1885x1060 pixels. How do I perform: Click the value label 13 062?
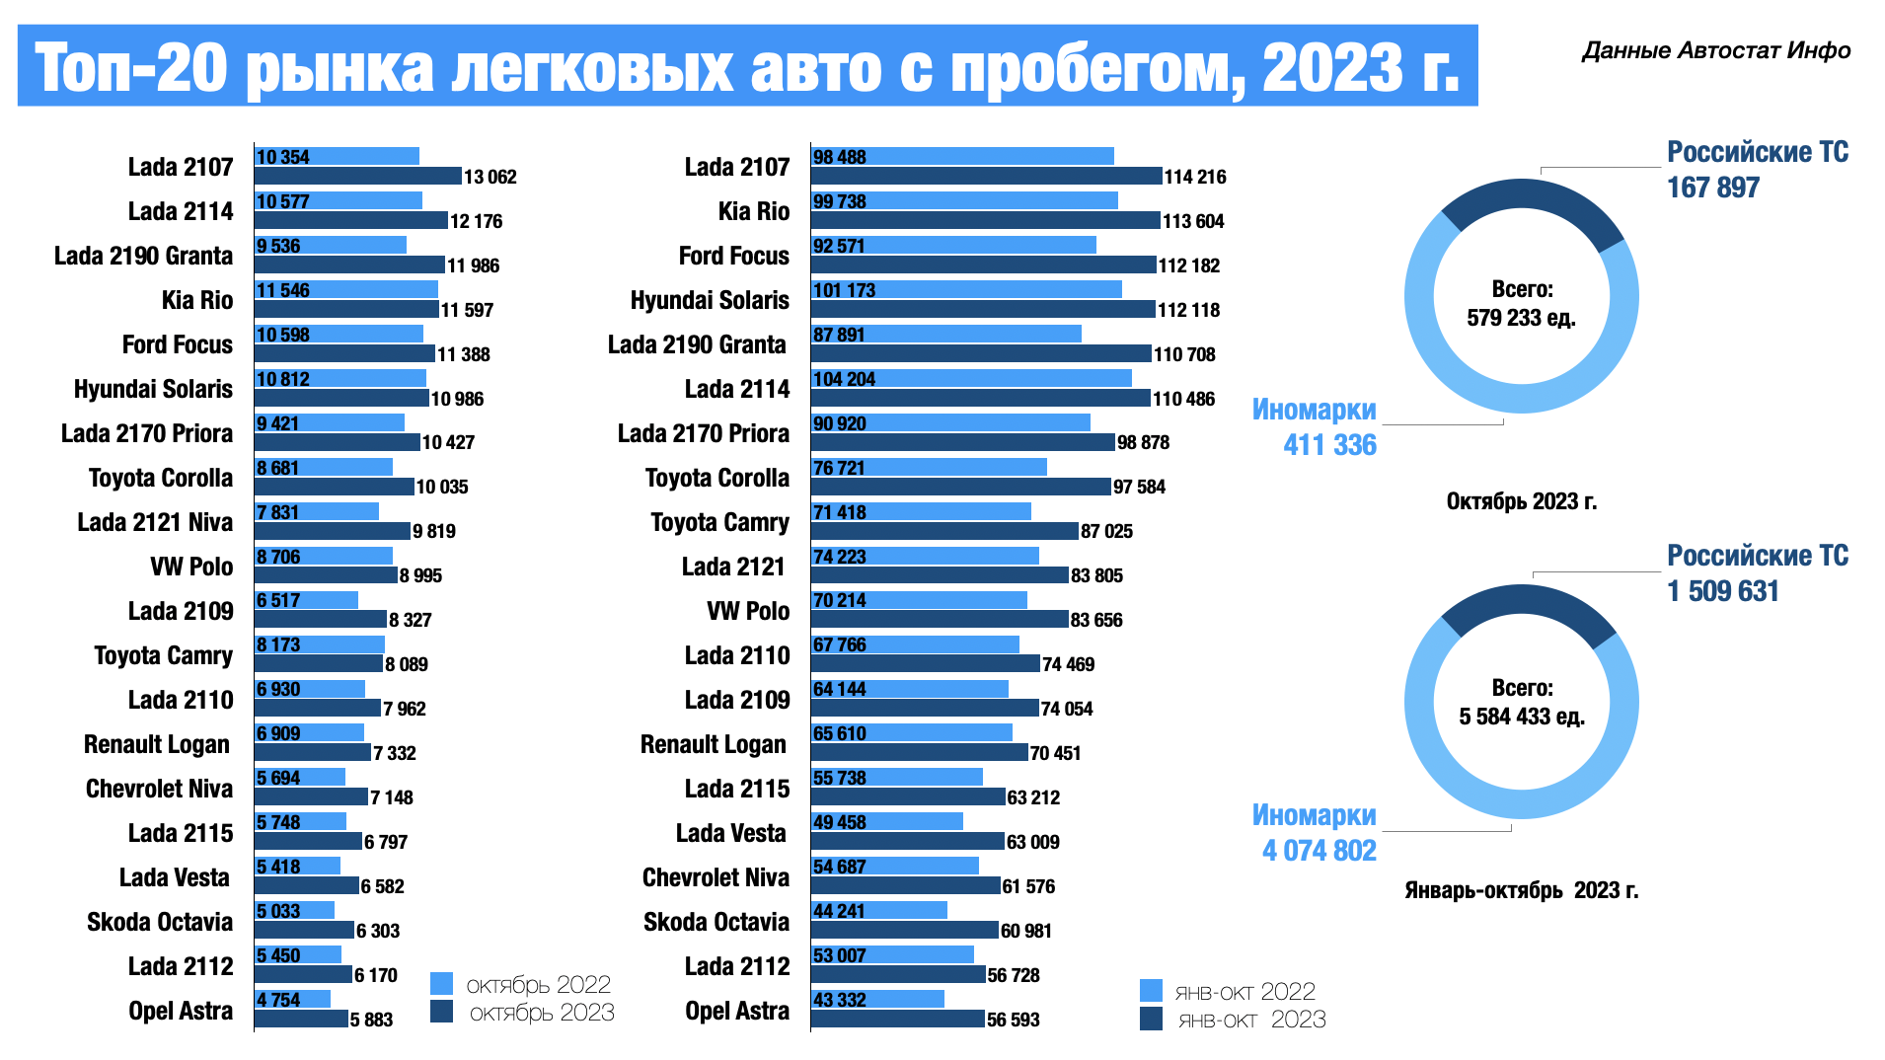click(490, 178)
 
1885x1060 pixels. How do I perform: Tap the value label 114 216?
click(1194, 178)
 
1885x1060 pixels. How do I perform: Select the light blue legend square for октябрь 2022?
click(441, 984)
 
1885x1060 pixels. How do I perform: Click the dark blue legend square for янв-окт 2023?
click(1151, 1019)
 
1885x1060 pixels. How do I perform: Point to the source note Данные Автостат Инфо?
click(1715, 51)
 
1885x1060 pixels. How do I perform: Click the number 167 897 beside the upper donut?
click(1712, 188)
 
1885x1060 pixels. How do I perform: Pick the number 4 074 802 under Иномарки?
click(1319, 851)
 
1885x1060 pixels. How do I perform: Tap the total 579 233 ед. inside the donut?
click(1521, 318)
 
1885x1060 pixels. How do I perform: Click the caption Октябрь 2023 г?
click(1521, 501)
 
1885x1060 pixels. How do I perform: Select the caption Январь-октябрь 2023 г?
click(1521, 890)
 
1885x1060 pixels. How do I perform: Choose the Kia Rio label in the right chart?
click(753, 212)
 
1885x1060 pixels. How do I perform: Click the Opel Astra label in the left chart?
click(181, 1012)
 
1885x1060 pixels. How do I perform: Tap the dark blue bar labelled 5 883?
click(301, 1019)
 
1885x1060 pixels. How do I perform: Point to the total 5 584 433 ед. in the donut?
click(1521, 717)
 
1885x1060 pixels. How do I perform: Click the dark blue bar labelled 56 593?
click(897, 1019)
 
